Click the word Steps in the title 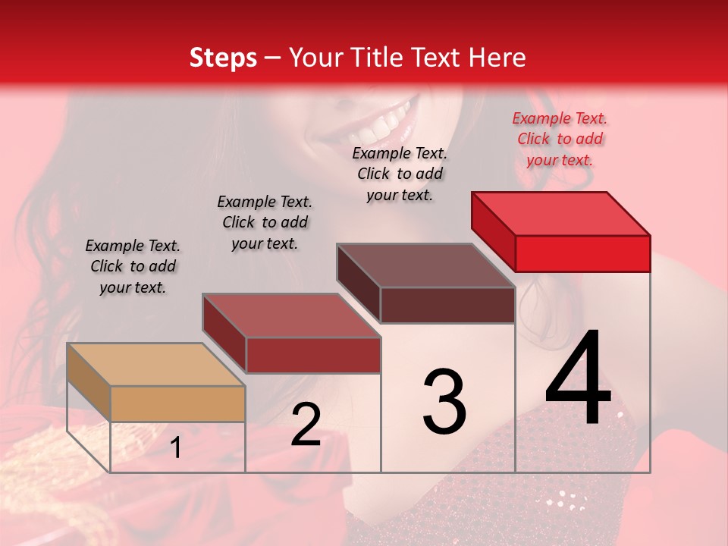pyautogui.click(x=223, y=58)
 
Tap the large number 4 pyautogui.click(x=579, y=379)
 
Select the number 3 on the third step pyautogui.click(x=444, y=403)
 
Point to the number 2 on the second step pyautogui.click(x=306, y=425)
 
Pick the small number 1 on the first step pyautogui.click(x=176, y=448)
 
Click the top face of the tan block pyautogui.click(x=155, y=365)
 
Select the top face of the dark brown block pyautogui.click(x=425, y=265)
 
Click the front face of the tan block pyautogui.click(x=177, y=403)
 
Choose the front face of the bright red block pyautogui.click(x=582, y=253)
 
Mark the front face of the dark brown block pyautogui.click(x=447, y=305)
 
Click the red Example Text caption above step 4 pyautogui.click(x=560, y=139)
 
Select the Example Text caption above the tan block pyautogui.click(x=133, y=266)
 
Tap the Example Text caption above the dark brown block pyautogui.click(x=400, y=174)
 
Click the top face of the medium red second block pyautogui.click(x=290, y=315)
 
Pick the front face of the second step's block pyautogui.click(x=312, y=355)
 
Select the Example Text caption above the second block pyautogui.click(x=265, y=222)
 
